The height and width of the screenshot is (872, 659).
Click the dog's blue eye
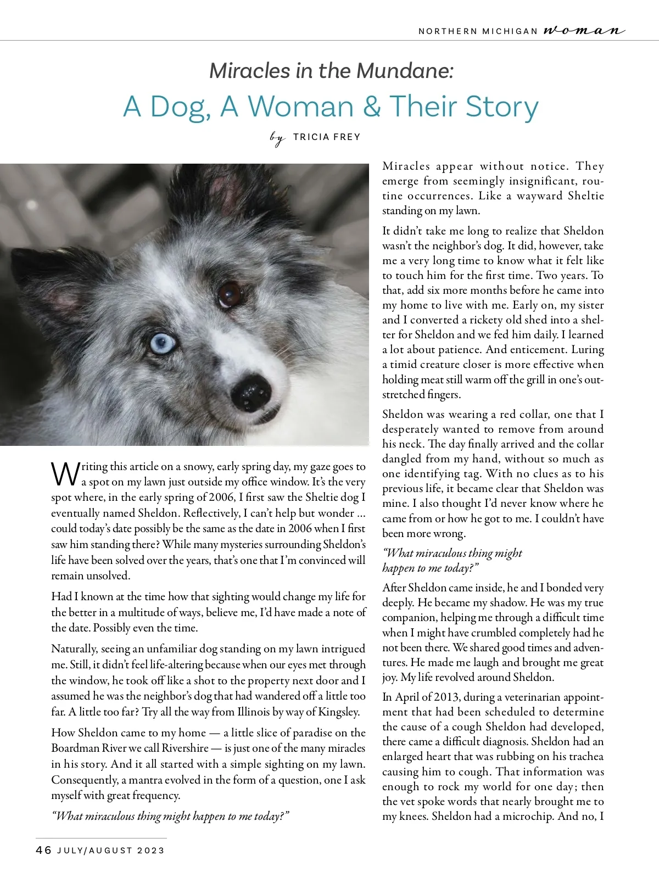(163, 344)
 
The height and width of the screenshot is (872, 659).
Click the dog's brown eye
(231, 295)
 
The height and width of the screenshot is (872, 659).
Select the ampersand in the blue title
(371, 107)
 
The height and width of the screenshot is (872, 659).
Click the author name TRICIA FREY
(327, 137)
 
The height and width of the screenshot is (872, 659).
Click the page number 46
(43, 850)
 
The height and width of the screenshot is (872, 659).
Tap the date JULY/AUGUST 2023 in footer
(111, 851)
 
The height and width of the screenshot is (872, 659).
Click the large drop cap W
(65, 474)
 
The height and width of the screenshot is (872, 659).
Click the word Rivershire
(185, 748)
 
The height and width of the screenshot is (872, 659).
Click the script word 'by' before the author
(278, 137)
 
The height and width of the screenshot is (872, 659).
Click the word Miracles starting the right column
(406, 166)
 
